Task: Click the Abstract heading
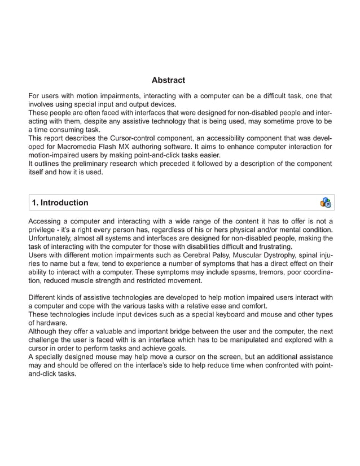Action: tap(168, 80)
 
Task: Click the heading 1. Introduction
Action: tap(60, 203)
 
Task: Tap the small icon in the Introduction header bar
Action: tap(326, 203)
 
